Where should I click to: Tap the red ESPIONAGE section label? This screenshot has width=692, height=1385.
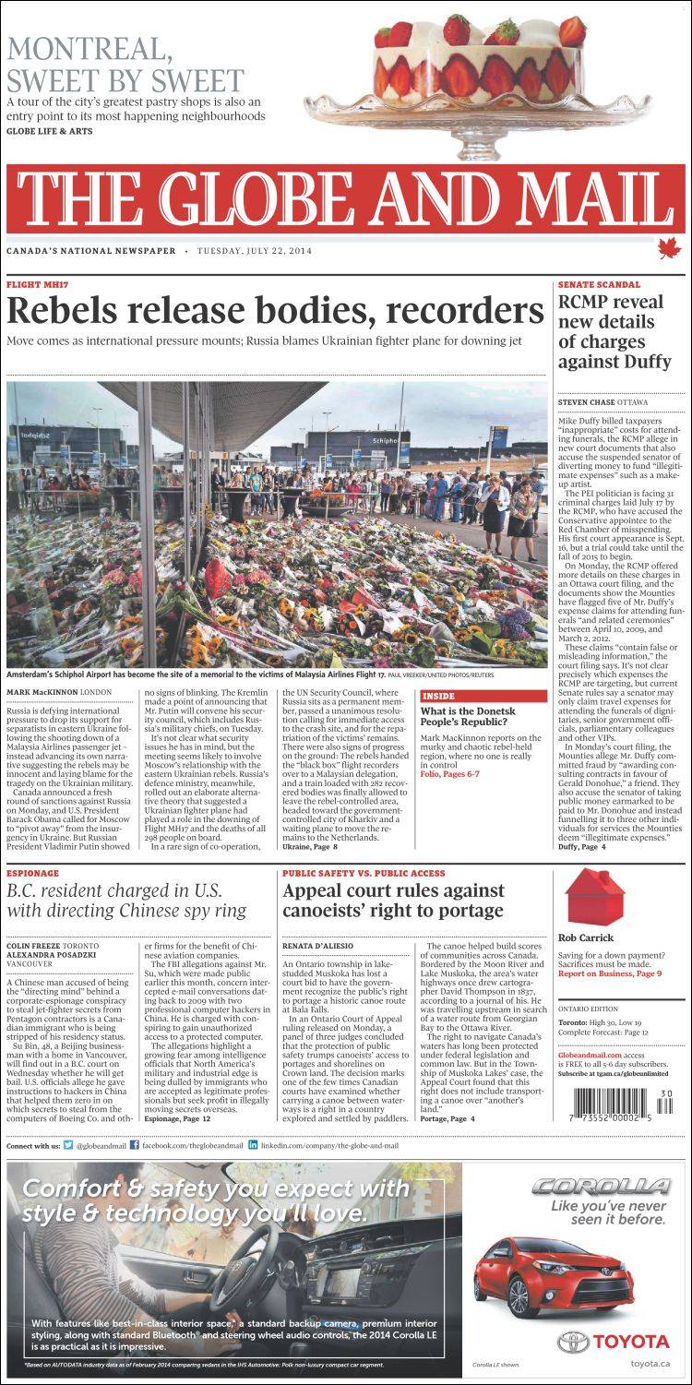(x=33, y=873)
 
